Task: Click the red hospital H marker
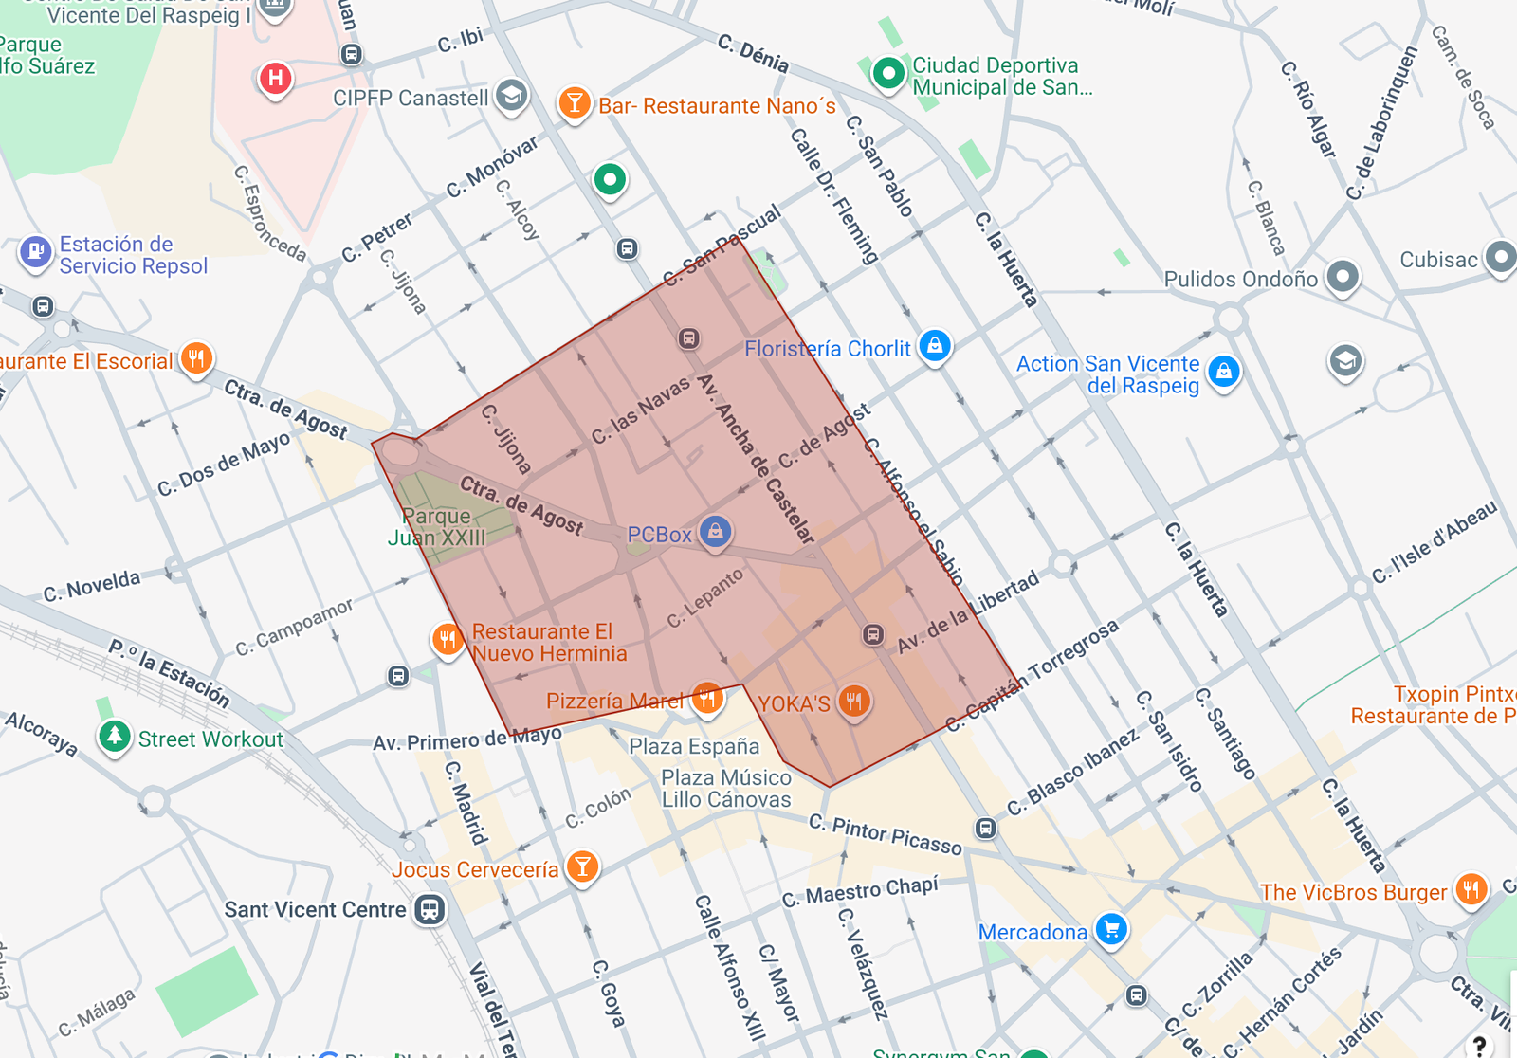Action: tap(275, 78)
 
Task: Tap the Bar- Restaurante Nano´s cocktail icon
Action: tap(575, 102)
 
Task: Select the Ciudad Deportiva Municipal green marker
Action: tap(888, 73)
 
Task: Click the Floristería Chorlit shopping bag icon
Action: tap(935, 346)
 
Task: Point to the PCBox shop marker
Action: tap(716, 532)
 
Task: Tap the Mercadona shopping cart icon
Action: tap(1111, 930)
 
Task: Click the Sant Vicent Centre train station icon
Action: tap(430, 909)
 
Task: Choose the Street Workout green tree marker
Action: tap(115, 736)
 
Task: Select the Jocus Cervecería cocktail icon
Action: tap(582, 866)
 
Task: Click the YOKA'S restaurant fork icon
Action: tap(854, 702)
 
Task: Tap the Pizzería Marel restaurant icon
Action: tap(707, 700)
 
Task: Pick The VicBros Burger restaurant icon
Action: tap(1471, 890)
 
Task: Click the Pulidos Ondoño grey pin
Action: tap(1343, 277)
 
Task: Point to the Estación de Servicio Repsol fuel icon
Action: tap(36, 252)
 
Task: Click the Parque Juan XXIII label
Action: tap(437, 527)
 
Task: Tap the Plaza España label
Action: tap(694, 746)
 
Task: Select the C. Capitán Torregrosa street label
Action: tap(1033, 676)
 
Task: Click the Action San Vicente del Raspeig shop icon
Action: tap(1223, 372)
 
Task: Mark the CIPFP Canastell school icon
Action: tap(511, 96)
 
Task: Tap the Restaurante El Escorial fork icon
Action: tap(196, 358)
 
